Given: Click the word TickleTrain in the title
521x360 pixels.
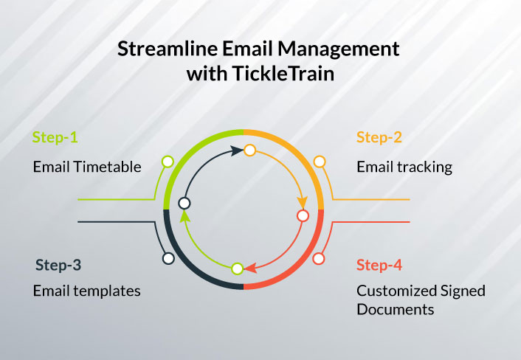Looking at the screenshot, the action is pos(283,73).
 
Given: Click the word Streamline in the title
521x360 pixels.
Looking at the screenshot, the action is pos(168,49).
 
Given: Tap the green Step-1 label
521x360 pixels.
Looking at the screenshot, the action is pos(55,137).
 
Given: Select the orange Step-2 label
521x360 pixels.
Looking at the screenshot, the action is pos(379,137).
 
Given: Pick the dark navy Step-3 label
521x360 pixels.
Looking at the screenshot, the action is pos(58,265).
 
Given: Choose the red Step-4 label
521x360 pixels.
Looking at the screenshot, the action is pos(379,265).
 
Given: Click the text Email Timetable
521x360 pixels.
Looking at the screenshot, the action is pos(87,167).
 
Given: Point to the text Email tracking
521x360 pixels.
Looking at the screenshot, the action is pos(404,167).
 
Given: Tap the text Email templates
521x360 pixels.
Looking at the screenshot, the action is pos(87,291).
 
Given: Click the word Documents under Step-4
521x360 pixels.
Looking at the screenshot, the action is pos(396,310).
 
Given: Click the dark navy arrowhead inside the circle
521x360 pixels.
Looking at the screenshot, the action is pos(237,150).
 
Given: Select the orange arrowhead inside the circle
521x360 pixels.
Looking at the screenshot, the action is pos(303,202).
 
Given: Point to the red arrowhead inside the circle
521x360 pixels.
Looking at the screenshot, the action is pos(250,268).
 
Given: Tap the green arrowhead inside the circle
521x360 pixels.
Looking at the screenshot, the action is pos(185,216).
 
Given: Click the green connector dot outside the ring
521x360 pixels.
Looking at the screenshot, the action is pos(168,162).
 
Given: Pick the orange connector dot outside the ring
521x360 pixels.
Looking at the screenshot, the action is pos(320,162).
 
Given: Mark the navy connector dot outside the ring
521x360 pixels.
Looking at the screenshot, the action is pos(168,258).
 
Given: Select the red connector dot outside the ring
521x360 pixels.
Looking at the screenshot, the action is pos(318,259).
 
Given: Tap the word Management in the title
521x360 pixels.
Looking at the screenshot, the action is pos(339,49).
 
